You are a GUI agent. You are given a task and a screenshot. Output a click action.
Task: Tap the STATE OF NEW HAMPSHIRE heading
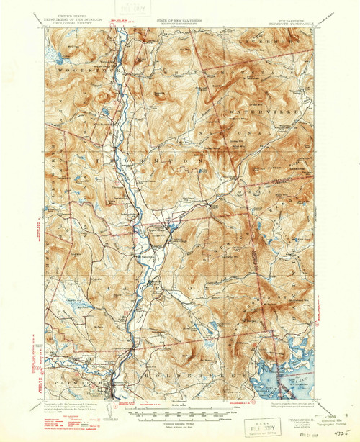pos(179,23)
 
